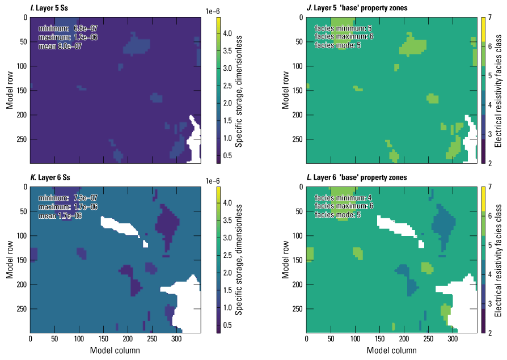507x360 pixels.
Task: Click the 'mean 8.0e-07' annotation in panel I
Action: click(61, 46)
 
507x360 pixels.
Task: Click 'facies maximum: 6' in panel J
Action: click(344, 37)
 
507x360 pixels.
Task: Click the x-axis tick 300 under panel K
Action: click(176, 338)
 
